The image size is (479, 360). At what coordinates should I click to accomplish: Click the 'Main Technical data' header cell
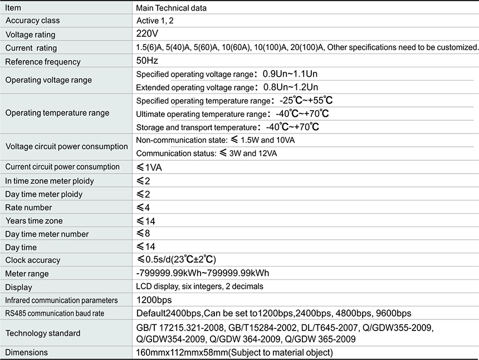click(172, 8)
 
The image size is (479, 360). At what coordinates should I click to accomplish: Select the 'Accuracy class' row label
click(32, 21)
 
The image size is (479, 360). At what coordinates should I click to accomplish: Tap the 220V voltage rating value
click(146, 34)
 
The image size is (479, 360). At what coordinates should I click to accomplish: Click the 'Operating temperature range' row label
click(57, 113)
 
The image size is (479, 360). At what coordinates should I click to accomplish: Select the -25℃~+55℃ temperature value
click(306, 101)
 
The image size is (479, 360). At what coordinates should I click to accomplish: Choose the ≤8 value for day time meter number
click(143, 234)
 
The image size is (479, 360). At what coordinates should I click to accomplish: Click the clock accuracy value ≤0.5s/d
click(176, 260)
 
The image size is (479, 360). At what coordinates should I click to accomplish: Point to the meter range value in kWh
click(203, 273)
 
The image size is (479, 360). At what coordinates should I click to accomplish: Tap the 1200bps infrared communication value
click(154, 300)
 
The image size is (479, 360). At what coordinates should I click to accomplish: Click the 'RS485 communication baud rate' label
click(55, 314)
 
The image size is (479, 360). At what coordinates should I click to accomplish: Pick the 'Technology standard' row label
click(43, 333)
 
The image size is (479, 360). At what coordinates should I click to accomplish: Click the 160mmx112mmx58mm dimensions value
click(234, 353)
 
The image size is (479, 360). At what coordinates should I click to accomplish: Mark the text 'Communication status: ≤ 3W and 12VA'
click(207, 153)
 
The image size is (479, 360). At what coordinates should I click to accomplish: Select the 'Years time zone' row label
click(34, 221)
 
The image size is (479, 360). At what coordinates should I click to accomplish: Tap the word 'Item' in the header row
click(13, 8)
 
